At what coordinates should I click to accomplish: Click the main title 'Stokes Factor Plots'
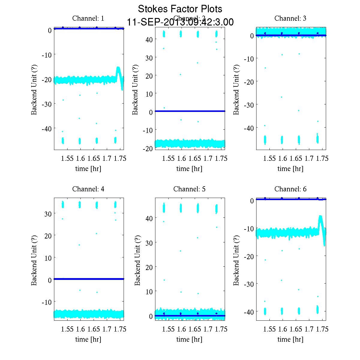(180, 9)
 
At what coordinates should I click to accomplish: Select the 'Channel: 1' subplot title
(88, 18)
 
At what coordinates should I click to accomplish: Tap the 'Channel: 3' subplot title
(290, 18)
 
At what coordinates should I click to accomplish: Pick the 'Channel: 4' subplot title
(88, 189)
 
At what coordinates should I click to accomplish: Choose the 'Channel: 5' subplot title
(189, 189)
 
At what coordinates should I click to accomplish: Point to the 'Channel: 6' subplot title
(290, 189)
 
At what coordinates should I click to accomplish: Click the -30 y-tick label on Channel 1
(46, 104)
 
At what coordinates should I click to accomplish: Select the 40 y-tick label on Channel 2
(149, 40)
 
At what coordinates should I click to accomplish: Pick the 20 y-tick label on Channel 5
(149, 267)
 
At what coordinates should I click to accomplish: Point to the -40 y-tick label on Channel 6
(248, 312)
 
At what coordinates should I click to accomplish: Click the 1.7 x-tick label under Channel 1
(107, 158)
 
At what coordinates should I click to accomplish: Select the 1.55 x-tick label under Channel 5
(168, 329)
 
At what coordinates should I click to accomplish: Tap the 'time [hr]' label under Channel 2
(189, 169)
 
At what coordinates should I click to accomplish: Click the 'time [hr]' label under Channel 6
(290, 339)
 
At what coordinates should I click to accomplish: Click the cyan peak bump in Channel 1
(118, 70)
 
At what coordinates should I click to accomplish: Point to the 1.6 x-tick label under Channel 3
(283, 158)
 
